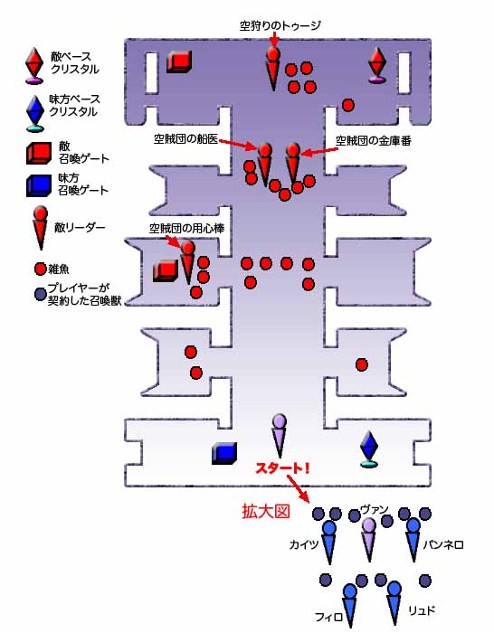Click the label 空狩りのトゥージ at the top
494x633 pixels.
click(280, 26)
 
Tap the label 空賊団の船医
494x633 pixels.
click(185, 139)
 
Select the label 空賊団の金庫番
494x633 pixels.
click(374, 140)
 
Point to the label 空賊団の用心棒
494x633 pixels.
click(186, 229)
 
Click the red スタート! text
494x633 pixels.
click(283, 468)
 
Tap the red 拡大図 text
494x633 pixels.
click(266, 512)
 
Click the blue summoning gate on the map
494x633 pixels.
click(224, 453)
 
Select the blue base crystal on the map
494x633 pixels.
click(369, 449)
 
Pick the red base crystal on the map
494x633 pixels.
click(377, 65)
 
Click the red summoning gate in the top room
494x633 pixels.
click(179, 61)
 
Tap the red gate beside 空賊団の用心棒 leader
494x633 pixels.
click(166, 271)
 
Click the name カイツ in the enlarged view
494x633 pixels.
click(304, 545)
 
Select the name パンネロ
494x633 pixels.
click(443, 545)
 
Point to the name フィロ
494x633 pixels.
click(328, 617)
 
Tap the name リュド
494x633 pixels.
click(422, 610)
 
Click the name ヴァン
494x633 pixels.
click(374, 510)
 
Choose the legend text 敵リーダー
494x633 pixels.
click(80, 227)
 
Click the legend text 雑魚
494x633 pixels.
click(59, 269)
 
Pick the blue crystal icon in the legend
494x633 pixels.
click(35, 113)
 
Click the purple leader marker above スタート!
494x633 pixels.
click(279, 435)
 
